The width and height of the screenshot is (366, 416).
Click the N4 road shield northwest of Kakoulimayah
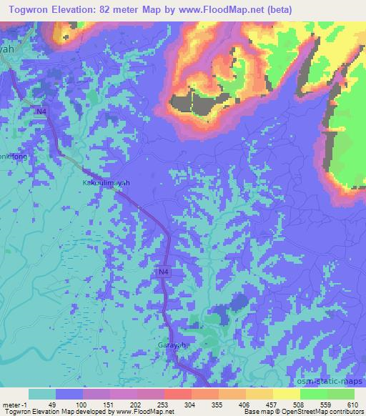[41, 109]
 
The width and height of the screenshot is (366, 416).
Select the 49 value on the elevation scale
[56, 405]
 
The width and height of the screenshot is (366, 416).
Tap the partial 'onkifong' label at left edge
[14, 156]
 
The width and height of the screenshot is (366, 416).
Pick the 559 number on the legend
[328, 405]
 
